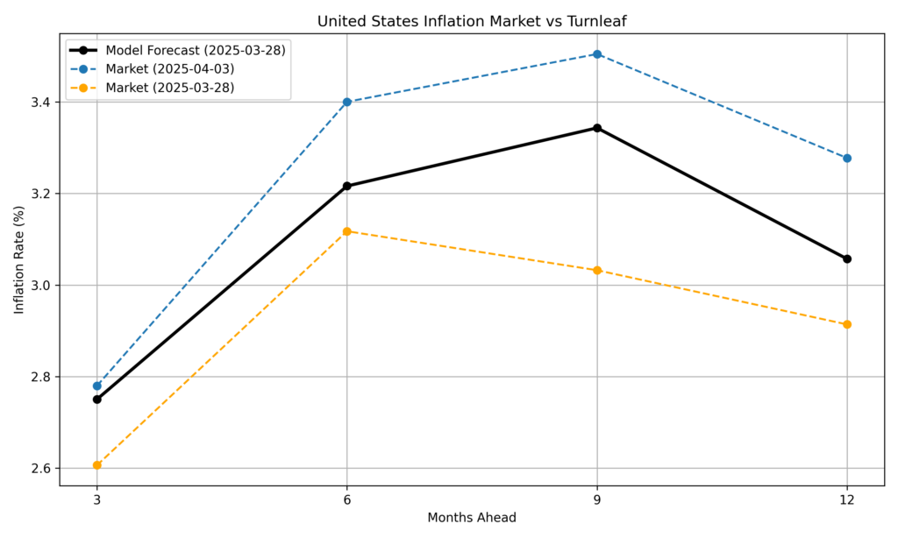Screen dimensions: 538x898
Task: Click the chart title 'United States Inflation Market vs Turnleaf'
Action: [471, 20]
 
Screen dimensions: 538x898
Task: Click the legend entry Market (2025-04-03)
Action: [169, 68]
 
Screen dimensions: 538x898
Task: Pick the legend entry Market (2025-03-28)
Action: [169, 87]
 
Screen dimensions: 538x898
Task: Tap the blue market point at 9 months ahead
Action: [597, 54]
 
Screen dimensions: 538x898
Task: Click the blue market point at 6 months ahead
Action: [347, 102]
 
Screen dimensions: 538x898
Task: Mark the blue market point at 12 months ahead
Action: [847, 159]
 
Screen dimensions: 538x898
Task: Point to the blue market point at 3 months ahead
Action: [97, 386]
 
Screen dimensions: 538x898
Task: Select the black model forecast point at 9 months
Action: [597, 128]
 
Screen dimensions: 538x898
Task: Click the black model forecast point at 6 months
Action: [347, 186]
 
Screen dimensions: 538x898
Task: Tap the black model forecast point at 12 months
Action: [847, 258]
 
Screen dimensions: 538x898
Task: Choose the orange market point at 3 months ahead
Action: [97, 465]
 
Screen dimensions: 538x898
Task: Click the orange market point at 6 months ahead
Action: [347, 231]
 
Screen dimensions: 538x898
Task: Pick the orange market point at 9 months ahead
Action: [597, 270]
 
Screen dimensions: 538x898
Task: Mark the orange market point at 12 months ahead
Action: [847, 324]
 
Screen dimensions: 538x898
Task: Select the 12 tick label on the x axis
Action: [847, 496]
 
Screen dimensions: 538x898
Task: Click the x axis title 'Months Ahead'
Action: [471, 518]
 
